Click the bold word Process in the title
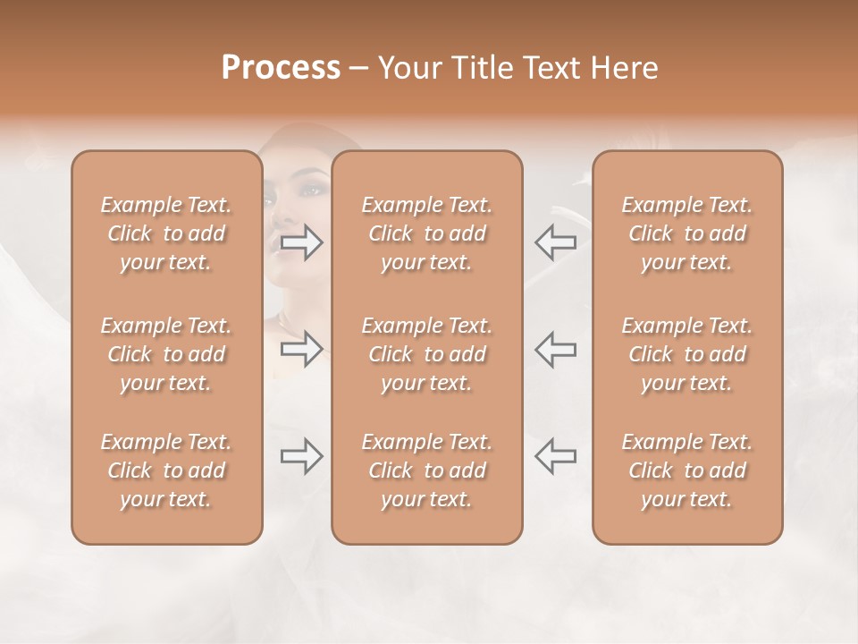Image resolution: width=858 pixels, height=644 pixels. (281, 68)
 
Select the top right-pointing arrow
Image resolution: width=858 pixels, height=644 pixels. (302, 242)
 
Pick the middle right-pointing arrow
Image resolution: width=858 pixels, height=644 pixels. (302, 349)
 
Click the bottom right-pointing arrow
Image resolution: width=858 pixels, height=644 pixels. (302, 456)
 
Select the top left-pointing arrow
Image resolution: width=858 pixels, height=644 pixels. (556, 242)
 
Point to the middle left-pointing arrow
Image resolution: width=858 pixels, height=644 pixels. (556, 349)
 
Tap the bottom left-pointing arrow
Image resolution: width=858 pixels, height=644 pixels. (556, 456)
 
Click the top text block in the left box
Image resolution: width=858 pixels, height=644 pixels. (166, 233)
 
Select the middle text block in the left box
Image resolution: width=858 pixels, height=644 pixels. (166, 354)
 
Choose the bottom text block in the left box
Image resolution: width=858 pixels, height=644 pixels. (166, 470)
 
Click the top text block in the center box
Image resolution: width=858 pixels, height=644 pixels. (426, 233)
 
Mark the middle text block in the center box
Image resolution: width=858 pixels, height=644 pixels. (426, 354)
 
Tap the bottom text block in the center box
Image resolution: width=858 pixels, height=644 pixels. (426, 470)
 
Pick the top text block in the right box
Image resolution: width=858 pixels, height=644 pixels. (687, 233)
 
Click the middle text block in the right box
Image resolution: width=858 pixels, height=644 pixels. (687, 354)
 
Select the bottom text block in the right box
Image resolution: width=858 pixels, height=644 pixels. (687, 470)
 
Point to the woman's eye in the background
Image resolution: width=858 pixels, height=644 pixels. (309, 191)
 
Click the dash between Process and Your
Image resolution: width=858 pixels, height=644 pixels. (358, 69)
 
